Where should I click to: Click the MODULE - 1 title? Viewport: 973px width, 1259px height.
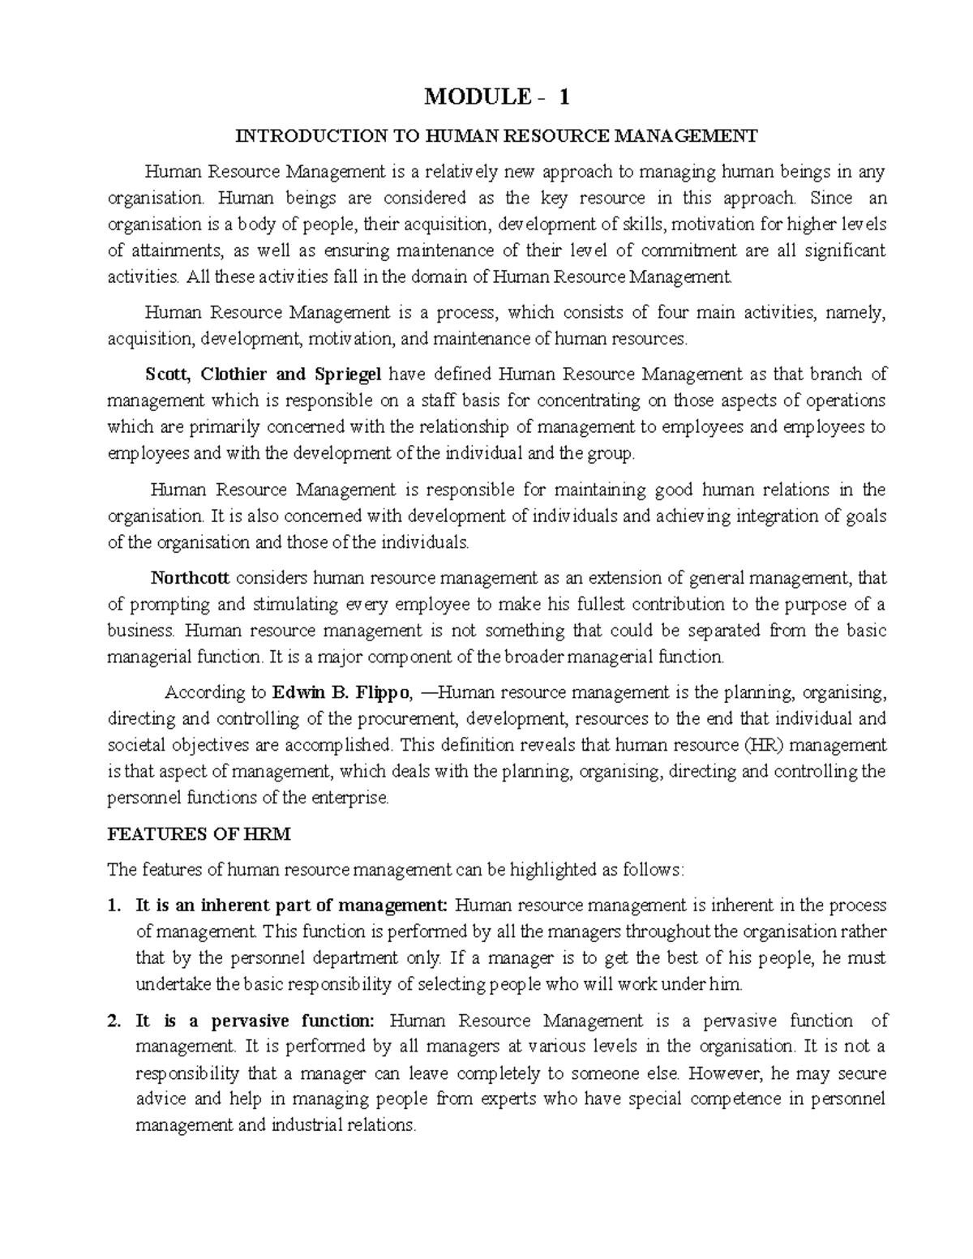497,98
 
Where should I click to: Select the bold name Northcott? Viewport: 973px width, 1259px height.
191,578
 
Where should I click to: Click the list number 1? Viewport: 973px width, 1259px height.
113,906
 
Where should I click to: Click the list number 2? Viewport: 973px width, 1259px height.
113,1021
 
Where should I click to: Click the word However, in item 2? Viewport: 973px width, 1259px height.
725,1074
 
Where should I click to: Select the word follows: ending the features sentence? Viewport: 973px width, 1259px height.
655,871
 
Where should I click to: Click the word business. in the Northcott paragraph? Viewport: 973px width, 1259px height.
141,631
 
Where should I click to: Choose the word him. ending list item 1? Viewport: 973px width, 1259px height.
725,985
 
